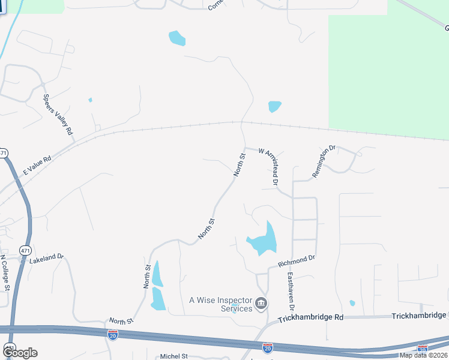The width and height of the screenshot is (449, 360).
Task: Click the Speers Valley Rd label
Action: (x=58, y=114)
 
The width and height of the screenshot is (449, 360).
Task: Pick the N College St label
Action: (x=4, y=273)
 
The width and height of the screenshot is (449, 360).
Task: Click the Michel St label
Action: (x=174, y=356)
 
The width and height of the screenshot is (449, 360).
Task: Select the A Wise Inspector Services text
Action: (x=220, y=304)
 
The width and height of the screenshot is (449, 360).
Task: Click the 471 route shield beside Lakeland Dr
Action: (x=24, y=250)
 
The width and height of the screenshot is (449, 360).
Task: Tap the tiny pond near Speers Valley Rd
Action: (x=90, y=100)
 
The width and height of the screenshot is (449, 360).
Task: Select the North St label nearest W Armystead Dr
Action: (x=240, y=164)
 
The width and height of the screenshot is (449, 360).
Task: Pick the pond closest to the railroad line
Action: (x=274, y=106)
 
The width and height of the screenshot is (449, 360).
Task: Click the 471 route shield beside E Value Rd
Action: (x=4, y=153)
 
